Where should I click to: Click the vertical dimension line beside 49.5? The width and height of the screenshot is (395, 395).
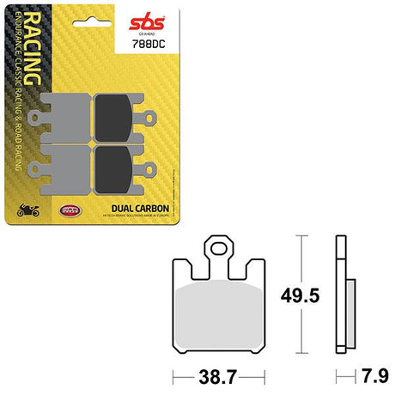(298, 296)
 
